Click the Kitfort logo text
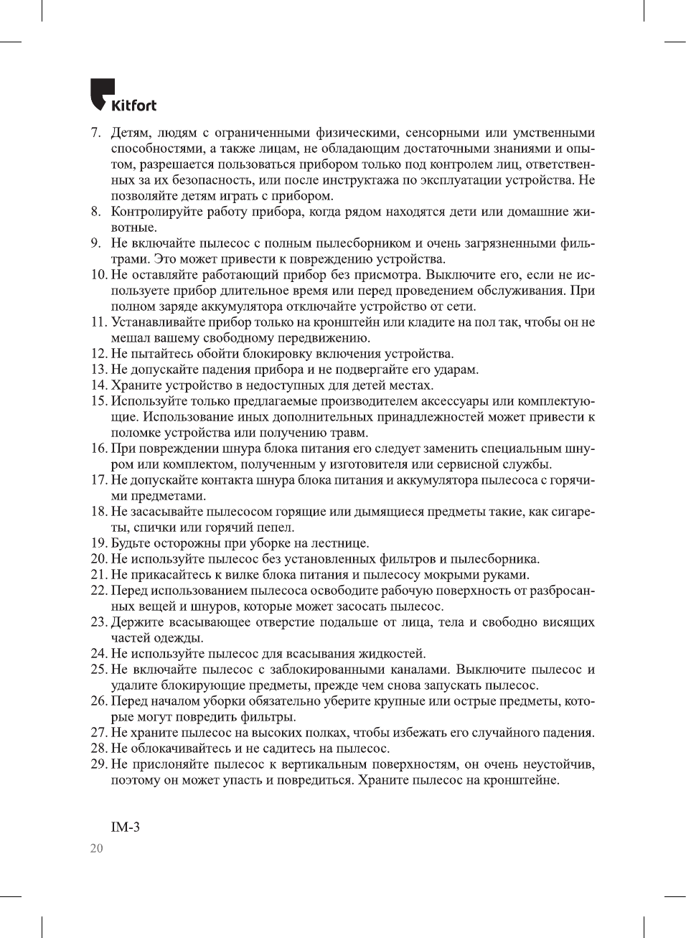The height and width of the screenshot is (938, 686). tap(133, 105)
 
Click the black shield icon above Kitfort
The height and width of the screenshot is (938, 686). tap(102, 93)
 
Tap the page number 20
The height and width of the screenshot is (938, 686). tap(96, 848)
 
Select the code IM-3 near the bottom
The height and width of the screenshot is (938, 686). tap(126, 827)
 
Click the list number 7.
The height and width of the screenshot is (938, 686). tap(95, 133)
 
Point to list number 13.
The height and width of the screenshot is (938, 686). tap(99, 370)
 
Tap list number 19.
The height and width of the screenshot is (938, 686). tap(99, 543)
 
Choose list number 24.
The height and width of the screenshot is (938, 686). tap(99, 654)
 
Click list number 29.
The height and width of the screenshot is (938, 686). tap(99, 764)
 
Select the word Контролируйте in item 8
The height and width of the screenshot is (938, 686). tap(156, 212)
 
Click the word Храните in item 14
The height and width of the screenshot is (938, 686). tap(134, 385)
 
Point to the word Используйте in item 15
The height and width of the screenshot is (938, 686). tap(148, 401)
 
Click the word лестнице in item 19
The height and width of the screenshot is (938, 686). tap(341, 543)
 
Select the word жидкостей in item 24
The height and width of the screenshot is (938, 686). tap(393, 654)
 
